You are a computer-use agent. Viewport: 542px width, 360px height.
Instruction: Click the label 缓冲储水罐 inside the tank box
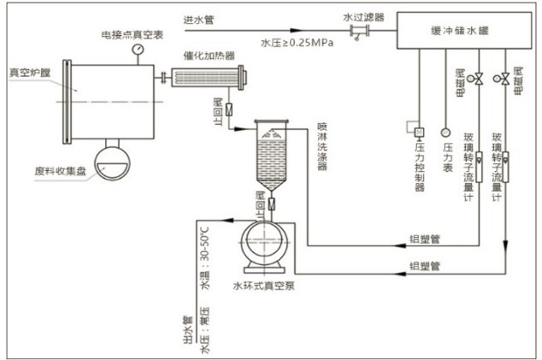coord(457,28)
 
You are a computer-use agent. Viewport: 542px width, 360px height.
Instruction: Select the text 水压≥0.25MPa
coord(296,42)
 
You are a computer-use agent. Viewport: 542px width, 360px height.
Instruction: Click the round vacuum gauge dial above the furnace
coord(137,49)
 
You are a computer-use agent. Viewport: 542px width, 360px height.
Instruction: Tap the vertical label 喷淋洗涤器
coord(321,145)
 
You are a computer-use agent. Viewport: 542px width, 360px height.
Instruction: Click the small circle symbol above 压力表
coord(445,132)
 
